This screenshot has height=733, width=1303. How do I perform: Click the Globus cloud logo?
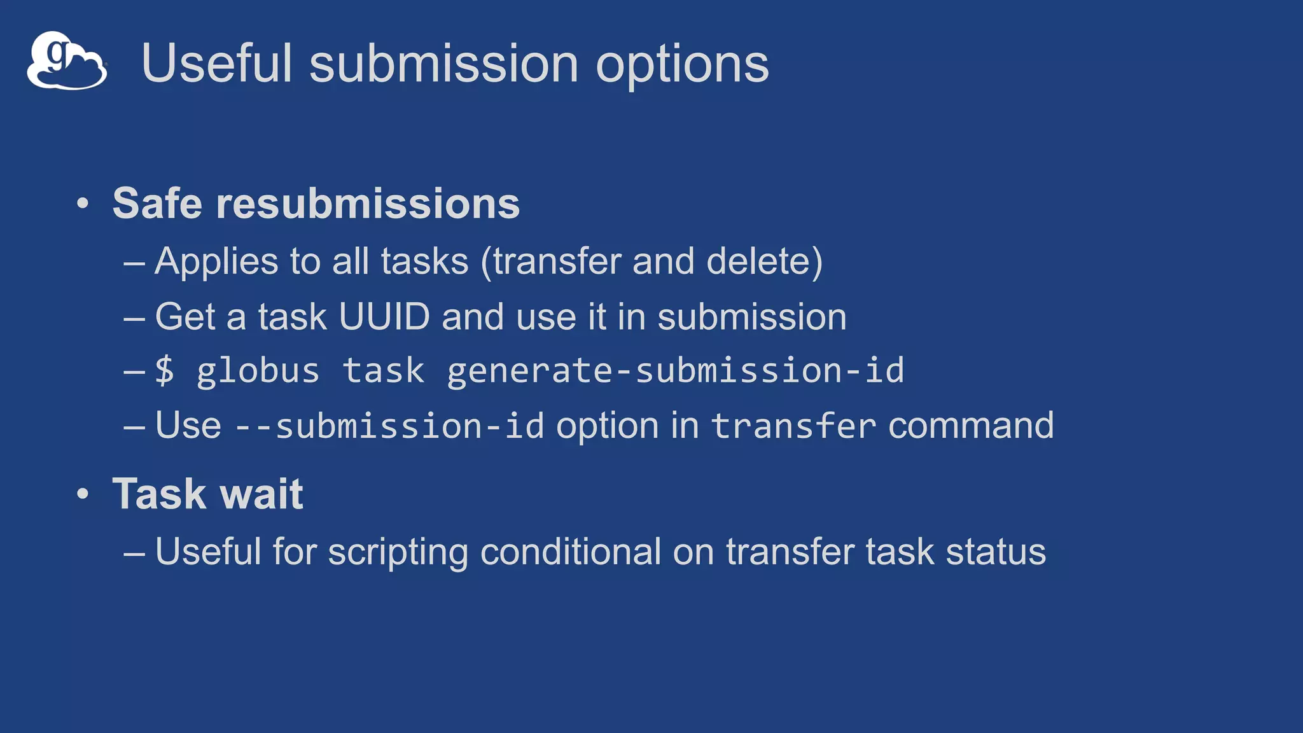66,60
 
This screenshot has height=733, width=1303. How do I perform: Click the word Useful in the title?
216,64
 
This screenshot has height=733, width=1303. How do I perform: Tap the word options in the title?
682,65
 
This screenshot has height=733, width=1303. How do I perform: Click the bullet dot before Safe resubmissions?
82,204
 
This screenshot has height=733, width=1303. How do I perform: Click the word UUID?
384,317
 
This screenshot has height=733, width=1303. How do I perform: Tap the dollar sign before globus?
164,371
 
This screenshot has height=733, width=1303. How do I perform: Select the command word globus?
258,372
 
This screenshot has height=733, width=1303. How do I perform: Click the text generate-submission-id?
675,371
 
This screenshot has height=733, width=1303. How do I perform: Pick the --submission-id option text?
389,426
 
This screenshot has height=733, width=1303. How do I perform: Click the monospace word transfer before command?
793,426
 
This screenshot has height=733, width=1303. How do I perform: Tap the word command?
971,426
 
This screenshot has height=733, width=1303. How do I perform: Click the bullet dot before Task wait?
82,494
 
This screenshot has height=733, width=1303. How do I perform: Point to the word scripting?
398,552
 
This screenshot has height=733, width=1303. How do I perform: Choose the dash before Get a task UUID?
134,318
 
